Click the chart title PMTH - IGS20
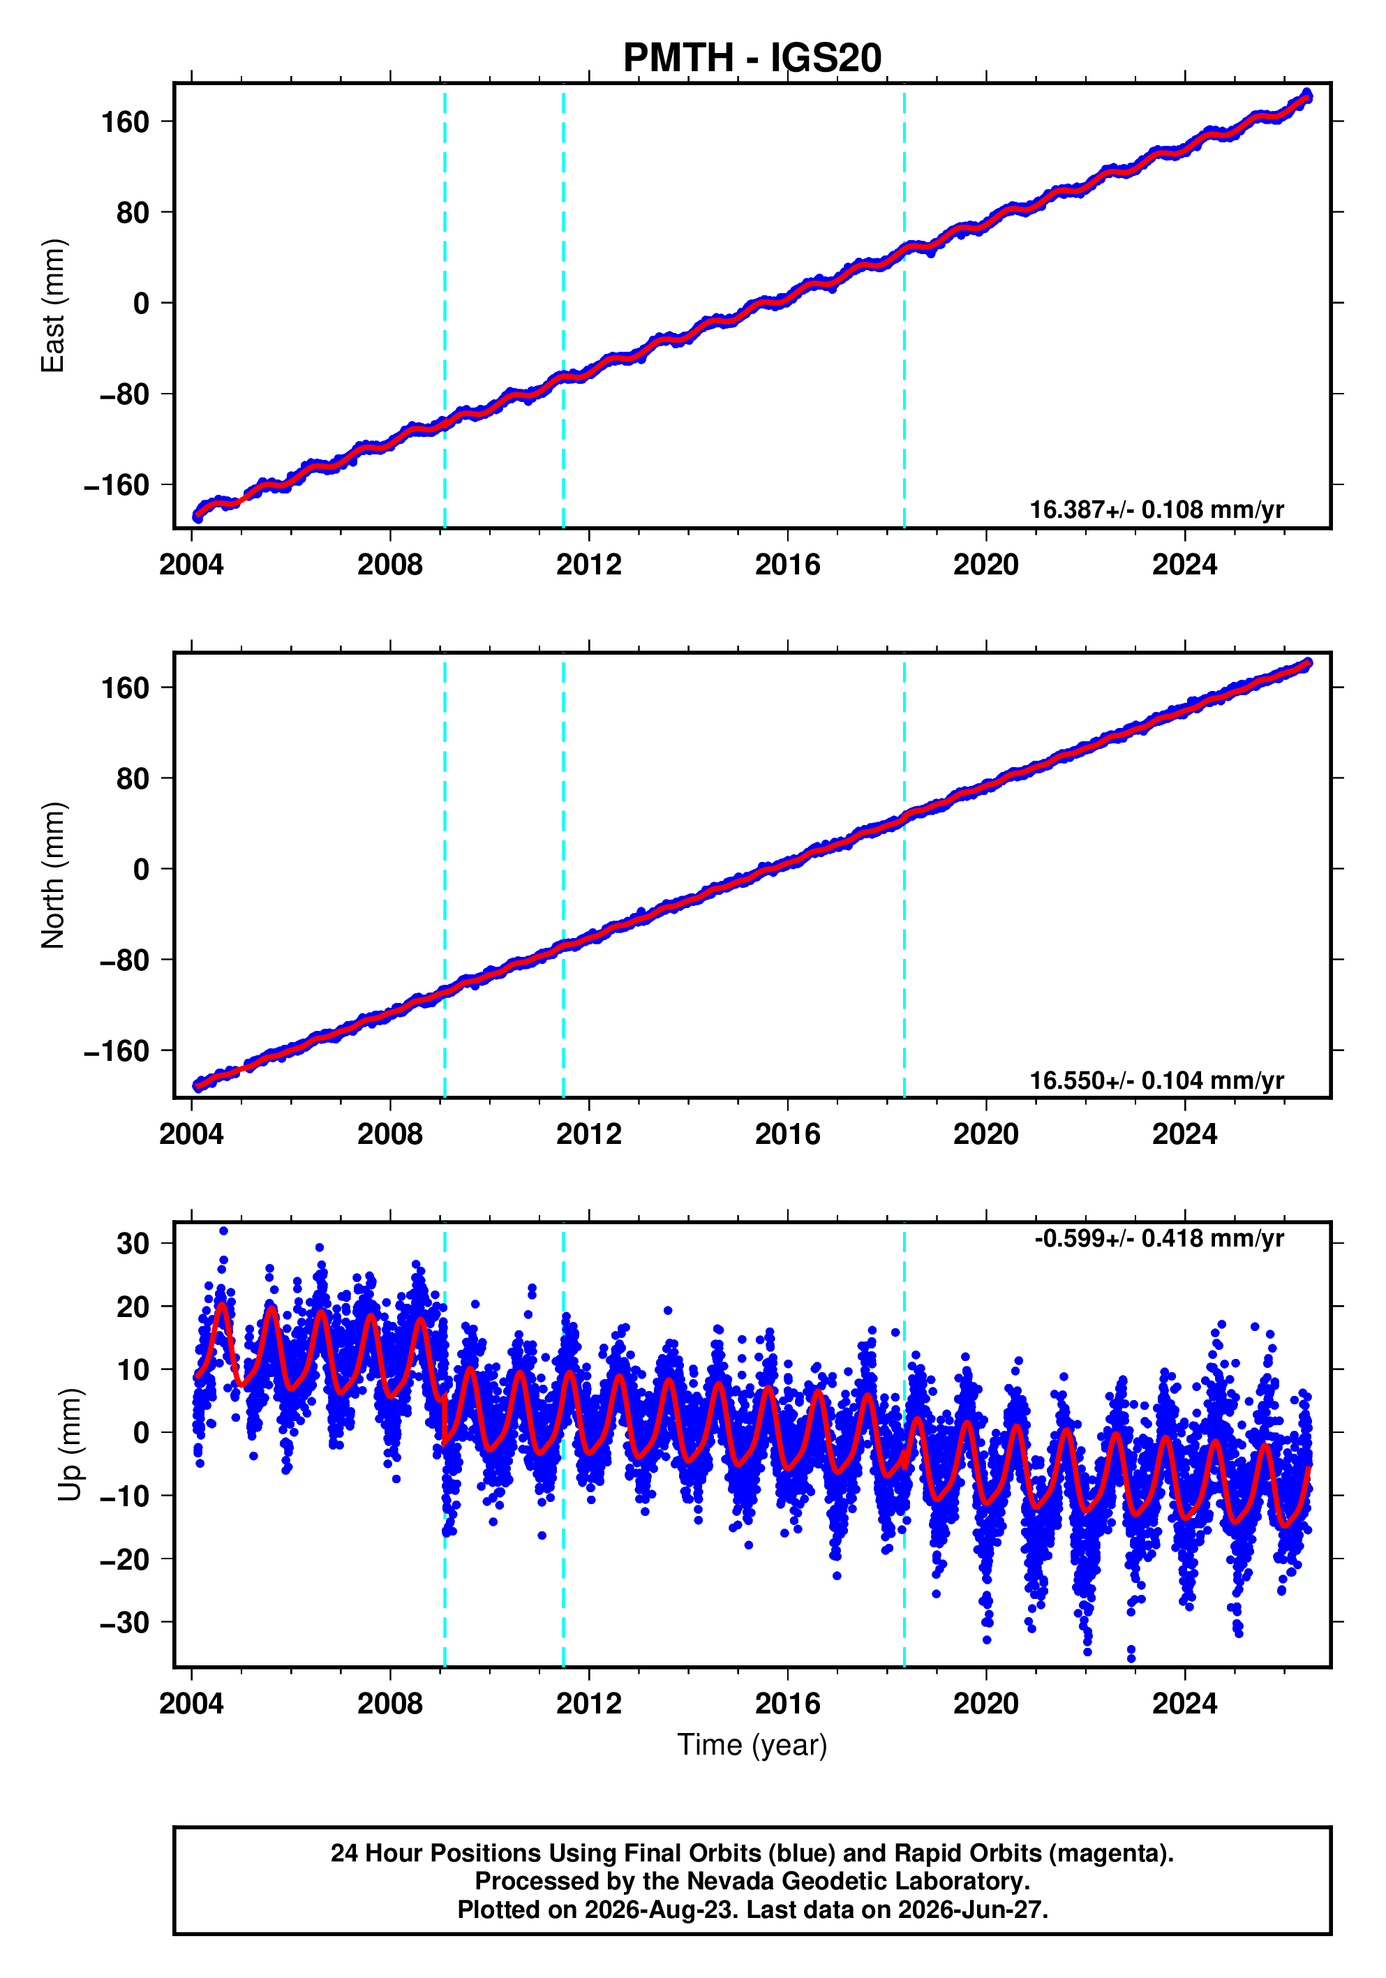[752, 58]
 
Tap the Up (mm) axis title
[70, 1445]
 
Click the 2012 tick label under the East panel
[588, 565]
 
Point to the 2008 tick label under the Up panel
[390, 1704]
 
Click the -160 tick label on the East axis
[117, 485]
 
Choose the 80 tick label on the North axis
[133, 779]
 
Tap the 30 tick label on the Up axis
[133, 1243]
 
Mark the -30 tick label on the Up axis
[124, 1622]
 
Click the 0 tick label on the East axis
[141, 303]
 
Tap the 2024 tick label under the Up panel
[1184, 1704]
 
